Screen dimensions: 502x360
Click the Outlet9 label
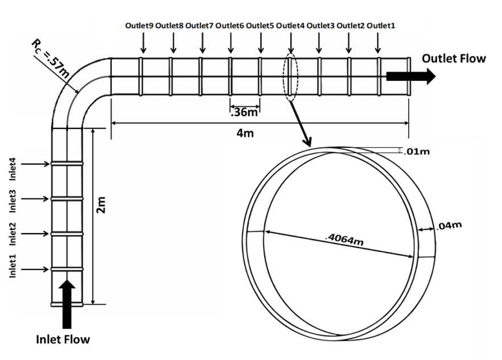point(139,26)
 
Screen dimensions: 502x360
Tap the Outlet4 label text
point(290,26)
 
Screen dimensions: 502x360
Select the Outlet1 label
point(381,26)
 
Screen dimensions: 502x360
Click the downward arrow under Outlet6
point(231,43)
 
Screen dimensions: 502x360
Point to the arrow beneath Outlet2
point(349,43)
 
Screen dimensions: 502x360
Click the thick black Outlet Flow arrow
point(411,76)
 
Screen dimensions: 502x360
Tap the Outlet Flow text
point(454,59)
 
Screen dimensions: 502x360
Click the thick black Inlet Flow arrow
point(67,304)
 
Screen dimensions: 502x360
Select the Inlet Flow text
point(63,339)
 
